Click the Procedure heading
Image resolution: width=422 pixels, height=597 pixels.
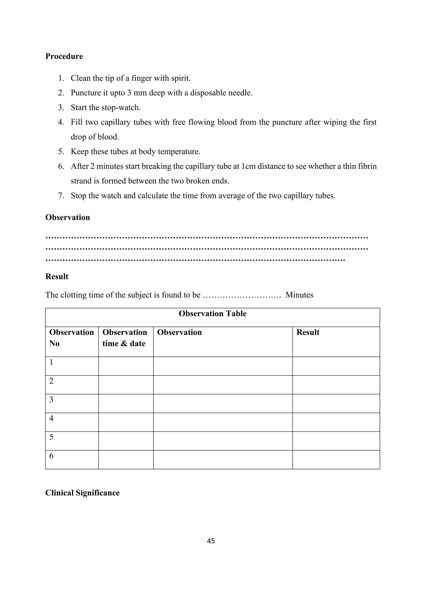point(64,56)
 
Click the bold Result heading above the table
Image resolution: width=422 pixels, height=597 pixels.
point(57,276)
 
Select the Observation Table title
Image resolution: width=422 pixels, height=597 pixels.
point(213,314)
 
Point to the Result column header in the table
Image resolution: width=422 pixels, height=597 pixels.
point(308,332)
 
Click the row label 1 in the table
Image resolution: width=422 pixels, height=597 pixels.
point(51,362)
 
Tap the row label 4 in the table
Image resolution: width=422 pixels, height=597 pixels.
point(51,418)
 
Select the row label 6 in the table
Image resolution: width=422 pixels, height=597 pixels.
point(51,456)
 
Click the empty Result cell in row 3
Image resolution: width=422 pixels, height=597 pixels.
point(336,404)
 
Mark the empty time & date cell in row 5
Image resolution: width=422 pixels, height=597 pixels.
point(126,441)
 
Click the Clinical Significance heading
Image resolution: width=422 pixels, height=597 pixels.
point(82,493)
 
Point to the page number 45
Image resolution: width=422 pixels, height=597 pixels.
point(211,541)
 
